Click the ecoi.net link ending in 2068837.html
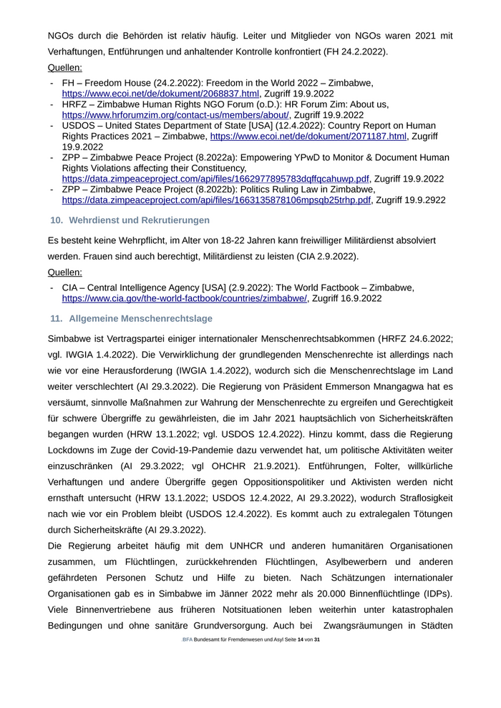[x=160, y=94]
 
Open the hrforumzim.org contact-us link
[x=175, y=114]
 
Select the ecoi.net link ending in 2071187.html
[x=308, y=136]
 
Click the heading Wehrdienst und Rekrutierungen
[x=140, y=220]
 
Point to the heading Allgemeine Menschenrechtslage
[x=141, y=318]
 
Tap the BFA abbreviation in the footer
[x=187, y=639]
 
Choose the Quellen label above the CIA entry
[x=64, y=272]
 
